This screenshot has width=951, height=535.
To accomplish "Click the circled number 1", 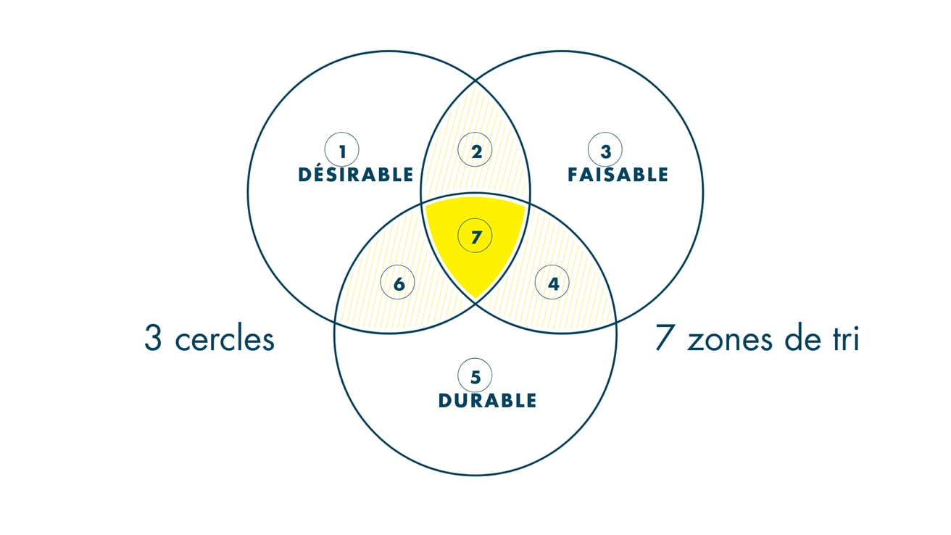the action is tap(342, 149).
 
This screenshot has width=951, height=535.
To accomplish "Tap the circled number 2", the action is tap(475, 149).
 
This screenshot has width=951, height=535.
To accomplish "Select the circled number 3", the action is tap(605, 149).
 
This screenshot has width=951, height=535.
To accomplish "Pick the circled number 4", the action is tap(552, 283).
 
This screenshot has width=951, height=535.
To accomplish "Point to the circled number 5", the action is tap(475, 376).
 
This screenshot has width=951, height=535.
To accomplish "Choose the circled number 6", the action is tap(397, 283).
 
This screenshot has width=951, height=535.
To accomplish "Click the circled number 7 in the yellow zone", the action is tap(475, 236).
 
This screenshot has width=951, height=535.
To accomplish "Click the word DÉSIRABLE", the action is tap(356, 174).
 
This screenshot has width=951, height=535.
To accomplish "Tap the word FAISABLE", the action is tap(618, 175).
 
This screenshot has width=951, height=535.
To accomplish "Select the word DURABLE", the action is tap(487, 400).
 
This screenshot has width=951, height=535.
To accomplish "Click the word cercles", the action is tap(225, 341).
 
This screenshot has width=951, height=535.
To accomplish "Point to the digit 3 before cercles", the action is tap(153, 338).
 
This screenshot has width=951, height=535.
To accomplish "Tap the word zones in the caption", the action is tap(729, 340).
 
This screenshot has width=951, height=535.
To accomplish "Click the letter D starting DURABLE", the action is tap(444, 400).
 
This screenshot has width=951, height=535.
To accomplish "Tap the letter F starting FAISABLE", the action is tap(573, 175).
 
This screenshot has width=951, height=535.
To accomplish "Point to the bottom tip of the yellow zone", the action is tap(475, 299).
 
